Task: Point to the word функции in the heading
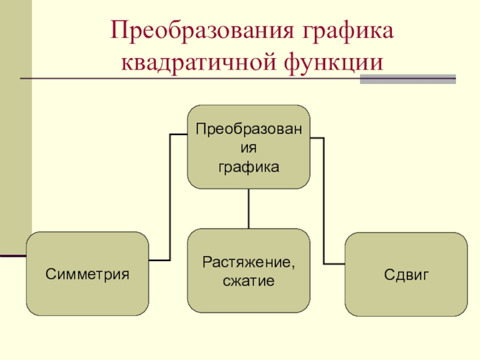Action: [334, 64]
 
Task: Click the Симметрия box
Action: [88, 274]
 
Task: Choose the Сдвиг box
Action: [406, 274]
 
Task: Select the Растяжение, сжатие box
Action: [248, 271]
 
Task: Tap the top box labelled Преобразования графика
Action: [248, 147]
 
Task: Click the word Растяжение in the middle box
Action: [247, 263]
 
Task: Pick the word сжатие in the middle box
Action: [248, 281]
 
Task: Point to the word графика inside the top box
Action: [248, 168]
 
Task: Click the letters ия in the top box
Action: [248, 148]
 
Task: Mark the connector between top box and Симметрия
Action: [170, 197]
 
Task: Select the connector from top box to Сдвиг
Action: [324, 200]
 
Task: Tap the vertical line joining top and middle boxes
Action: [248, 208]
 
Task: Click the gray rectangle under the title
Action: [408, 79]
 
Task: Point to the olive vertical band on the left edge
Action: [16, 128]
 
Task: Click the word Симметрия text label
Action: [88, 274]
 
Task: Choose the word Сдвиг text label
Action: [406, 275]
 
